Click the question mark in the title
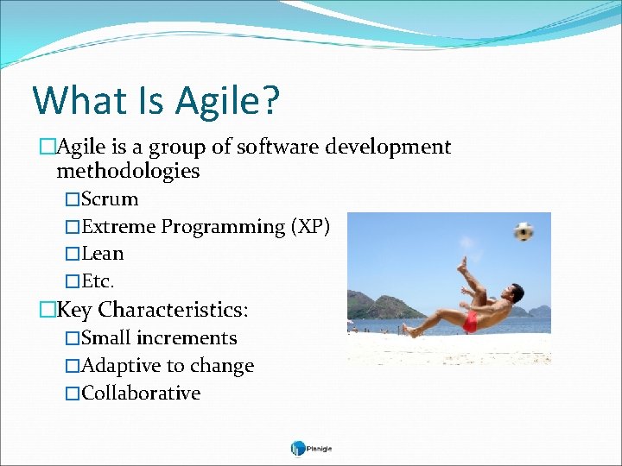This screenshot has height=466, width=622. click(x=270, y=100)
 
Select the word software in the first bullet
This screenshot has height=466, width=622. click(x=278, y=148)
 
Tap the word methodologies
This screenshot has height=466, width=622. click(x=128, y=171)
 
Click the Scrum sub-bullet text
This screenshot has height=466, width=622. click(x=110, y=199)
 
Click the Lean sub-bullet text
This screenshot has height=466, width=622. click(x=103, y=254)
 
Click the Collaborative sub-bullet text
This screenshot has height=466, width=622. click(x=141, y=394)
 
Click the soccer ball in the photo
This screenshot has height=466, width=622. click(x=524, y=231)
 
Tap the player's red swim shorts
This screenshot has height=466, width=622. click(x=470, y=323)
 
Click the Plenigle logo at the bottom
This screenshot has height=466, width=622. click(x=311, y=448)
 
